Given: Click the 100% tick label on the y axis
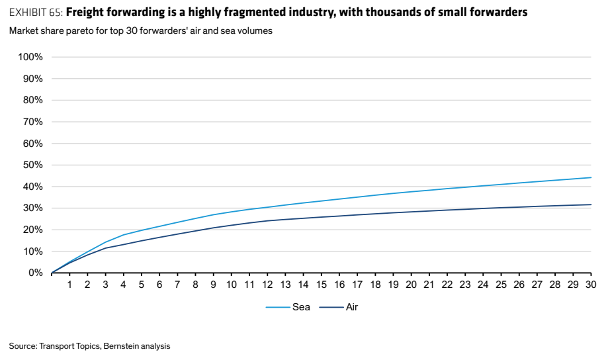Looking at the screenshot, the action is (30, 57).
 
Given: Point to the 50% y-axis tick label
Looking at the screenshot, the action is (32, 165).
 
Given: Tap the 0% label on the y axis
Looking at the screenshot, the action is (35, 273).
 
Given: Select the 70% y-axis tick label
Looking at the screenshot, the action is (32, 122).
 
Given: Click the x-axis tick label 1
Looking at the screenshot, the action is (69, 285).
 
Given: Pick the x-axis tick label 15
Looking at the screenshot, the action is (321, 285).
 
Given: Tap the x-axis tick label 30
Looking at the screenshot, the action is (591, 285).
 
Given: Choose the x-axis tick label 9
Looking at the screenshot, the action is (213, 285).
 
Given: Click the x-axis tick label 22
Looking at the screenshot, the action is (447, 285).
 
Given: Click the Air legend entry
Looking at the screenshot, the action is (339, 307).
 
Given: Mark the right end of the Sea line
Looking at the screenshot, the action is (591, 177).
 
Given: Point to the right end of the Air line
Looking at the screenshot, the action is (591, 204).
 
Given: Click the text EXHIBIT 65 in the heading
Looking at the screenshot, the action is (36, 13).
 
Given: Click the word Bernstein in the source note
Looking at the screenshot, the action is (120, 346).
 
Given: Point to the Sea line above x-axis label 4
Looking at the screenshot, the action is (124, 235).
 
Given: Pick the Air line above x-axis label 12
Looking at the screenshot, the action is (267, 221).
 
